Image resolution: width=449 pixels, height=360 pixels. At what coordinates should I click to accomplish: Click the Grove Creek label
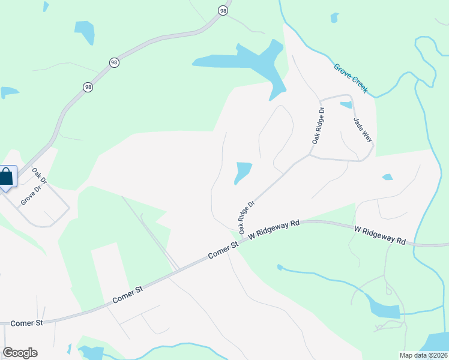coord(354,79)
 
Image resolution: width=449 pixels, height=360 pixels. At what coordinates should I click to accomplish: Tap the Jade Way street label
coord(363,129)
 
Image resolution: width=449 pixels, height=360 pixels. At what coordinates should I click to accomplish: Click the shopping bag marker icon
coord(6,178)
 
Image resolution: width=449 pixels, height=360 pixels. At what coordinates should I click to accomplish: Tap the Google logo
coord(20,353)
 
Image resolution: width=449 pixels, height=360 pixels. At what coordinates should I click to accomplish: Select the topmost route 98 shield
coord(223,11)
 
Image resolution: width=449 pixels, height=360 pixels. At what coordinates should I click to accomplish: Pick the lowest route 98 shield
coord(88,87)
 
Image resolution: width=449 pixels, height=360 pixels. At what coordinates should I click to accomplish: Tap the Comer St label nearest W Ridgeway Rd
coord(223,251)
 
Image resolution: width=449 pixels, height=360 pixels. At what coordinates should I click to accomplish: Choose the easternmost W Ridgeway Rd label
coord(380,235)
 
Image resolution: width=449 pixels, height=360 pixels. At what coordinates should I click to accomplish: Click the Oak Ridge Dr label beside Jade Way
coord(318,125)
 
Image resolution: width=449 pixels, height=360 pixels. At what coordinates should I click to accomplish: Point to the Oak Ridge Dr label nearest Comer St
coord(247,217)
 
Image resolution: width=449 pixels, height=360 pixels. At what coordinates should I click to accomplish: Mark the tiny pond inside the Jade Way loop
coord(346,105)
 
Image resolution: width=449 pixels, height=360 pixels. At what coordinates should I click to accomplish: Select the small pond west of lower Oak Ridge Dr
coord(243,172)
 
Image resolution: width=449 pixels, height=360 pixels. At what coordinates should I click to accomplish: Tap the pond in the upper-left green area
coord(84,32)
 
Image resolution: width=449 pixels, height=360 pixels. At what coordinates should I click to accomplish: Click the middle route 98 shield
coord(113,62)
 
